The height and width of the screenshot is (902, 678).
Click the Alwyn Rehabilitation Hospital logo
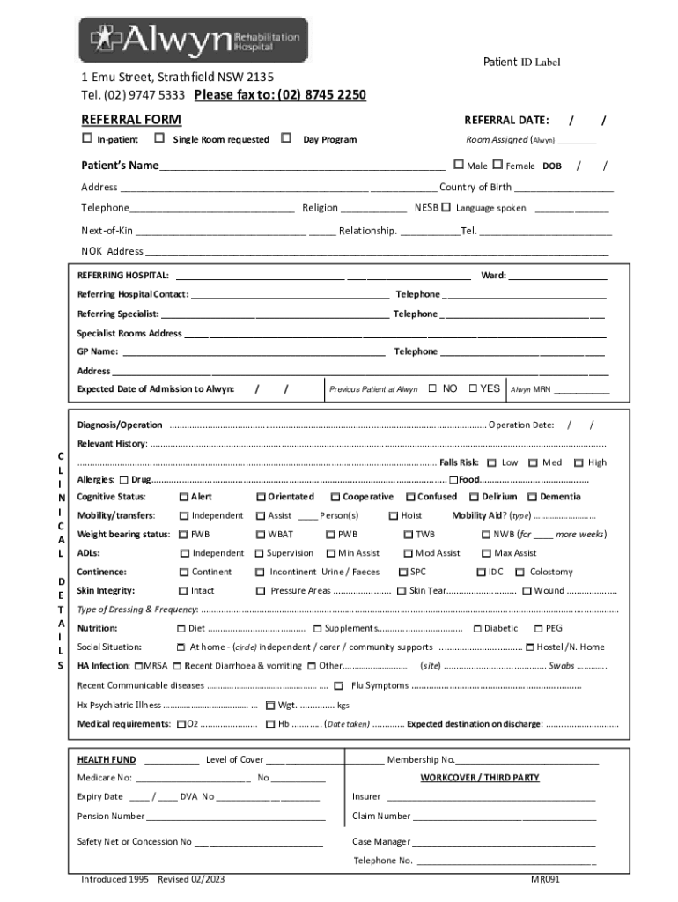[194, 41]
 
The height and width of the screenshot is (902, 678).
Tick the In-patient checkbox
[87, 138]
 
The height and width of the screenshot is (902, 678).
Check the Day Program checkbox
[286, 138]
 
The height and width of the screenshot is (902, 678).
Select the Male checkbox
[459, 165]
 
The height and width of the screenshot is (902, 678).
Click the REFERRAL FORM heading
[131, 120]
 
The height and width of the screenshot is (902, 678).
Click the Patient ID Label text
[521, 62]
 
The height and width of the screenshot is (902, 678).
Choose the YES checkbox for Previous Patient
[474, 388]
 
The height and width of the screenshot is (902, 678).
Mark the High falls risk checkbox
[579, 462]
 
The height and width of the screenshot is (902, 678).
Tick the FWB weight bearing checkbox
[184, 535]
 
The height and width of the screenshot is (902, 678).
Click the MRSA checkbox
[139, 666]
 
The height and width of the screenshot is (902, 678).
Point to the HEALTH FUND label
[107, 759]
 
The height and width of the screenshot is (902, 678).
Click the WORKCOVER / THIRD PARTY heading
[479, 778]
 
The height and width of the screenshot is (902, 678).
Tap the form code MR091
[544, 879]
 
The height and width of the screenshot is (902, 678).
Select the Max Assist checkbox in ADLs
[486, 553]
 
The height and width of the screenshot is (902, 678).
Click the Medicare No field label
[105, 778]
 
